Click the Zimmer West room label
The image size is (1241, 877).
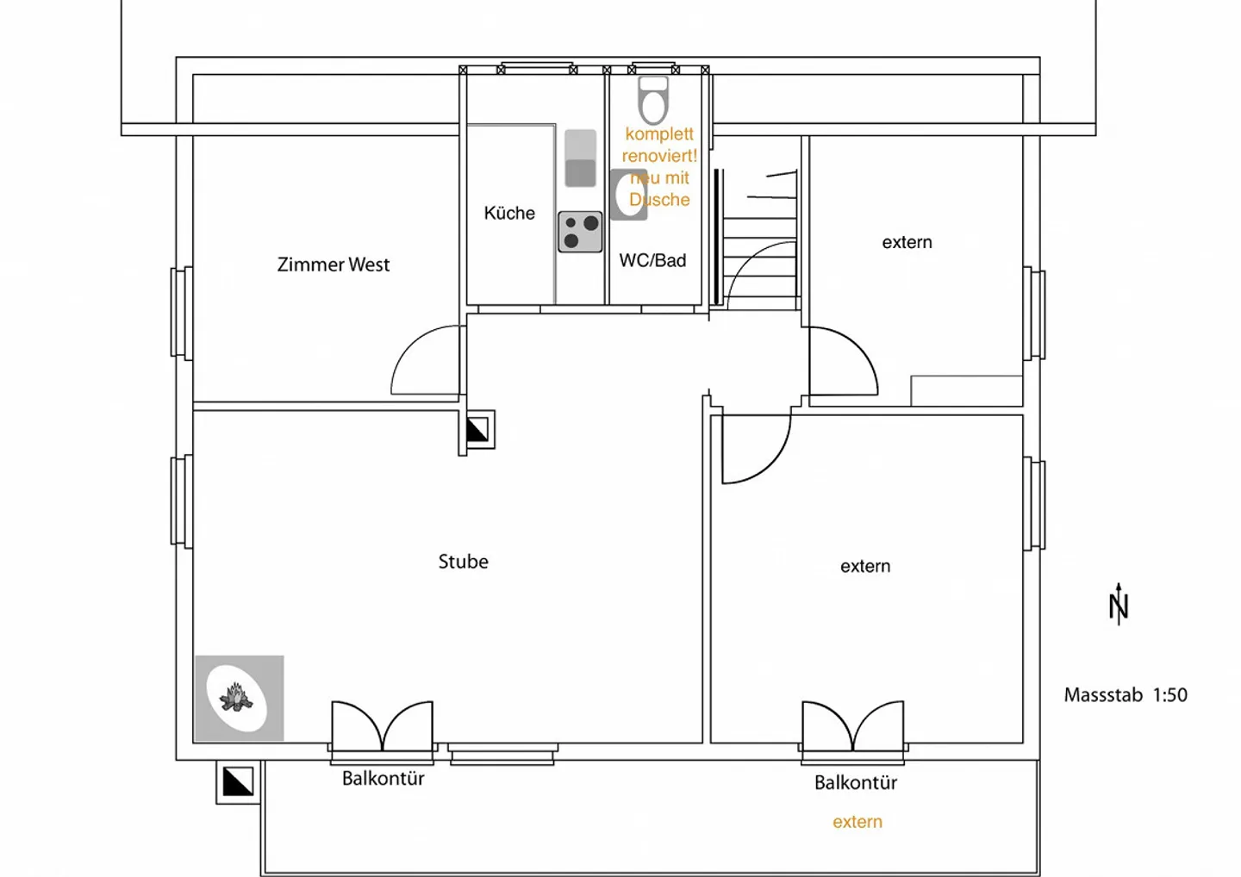(333, 264)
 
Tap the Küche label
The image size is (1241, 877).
(509, 213)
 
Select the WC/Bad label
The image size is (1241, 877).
(652, 260)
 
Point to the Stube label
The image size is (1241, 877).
(463, 562)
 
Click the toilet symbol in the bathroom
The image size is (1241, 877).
(653, 100)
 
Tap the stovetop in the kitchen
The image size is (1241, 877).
(580, 232)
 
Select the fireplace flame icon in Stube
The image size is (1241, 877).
(236, 697)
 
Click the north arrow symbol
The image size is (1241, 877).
(1119, 604)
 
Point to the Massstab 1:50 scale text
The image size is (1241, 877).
(1126, 695)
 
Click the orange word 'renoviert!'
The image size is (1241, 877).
(659, 156)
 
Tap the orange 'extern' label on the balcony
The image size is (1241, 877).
(857, 822)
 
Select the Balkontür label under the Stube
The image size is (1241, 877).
(383, 779)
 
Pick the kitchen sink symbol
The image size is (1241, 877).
(580, 159)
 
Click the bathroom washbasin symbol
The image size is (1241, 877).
(628, 195)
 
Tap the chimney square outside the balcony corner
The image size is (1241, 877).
(238, 781)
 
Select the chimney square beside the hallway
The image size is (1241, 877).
(477, 430)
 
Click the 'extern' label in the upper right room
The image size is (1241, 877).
(907, 242)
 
